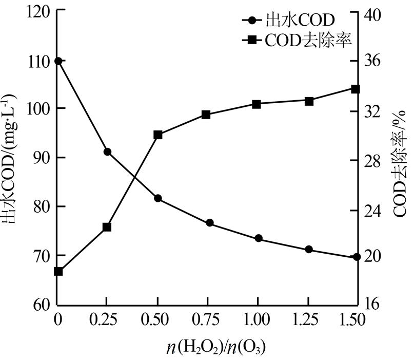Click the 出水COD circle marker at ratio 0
[x=58, y=61]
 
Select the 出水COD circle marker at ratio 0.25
[x=107, y=152]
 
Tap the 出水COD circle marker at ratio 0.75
[x=209, y=223]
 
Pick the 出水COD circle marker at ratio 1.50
[x=357, y=257]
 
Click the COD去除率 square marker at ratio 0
[x=58, y=271]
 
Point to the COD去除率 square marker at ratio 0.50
[x=158, y=135]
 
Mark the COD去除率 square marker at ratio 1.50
[x=356, y=89]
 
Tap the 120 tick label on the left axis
[x=37, y=13]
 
